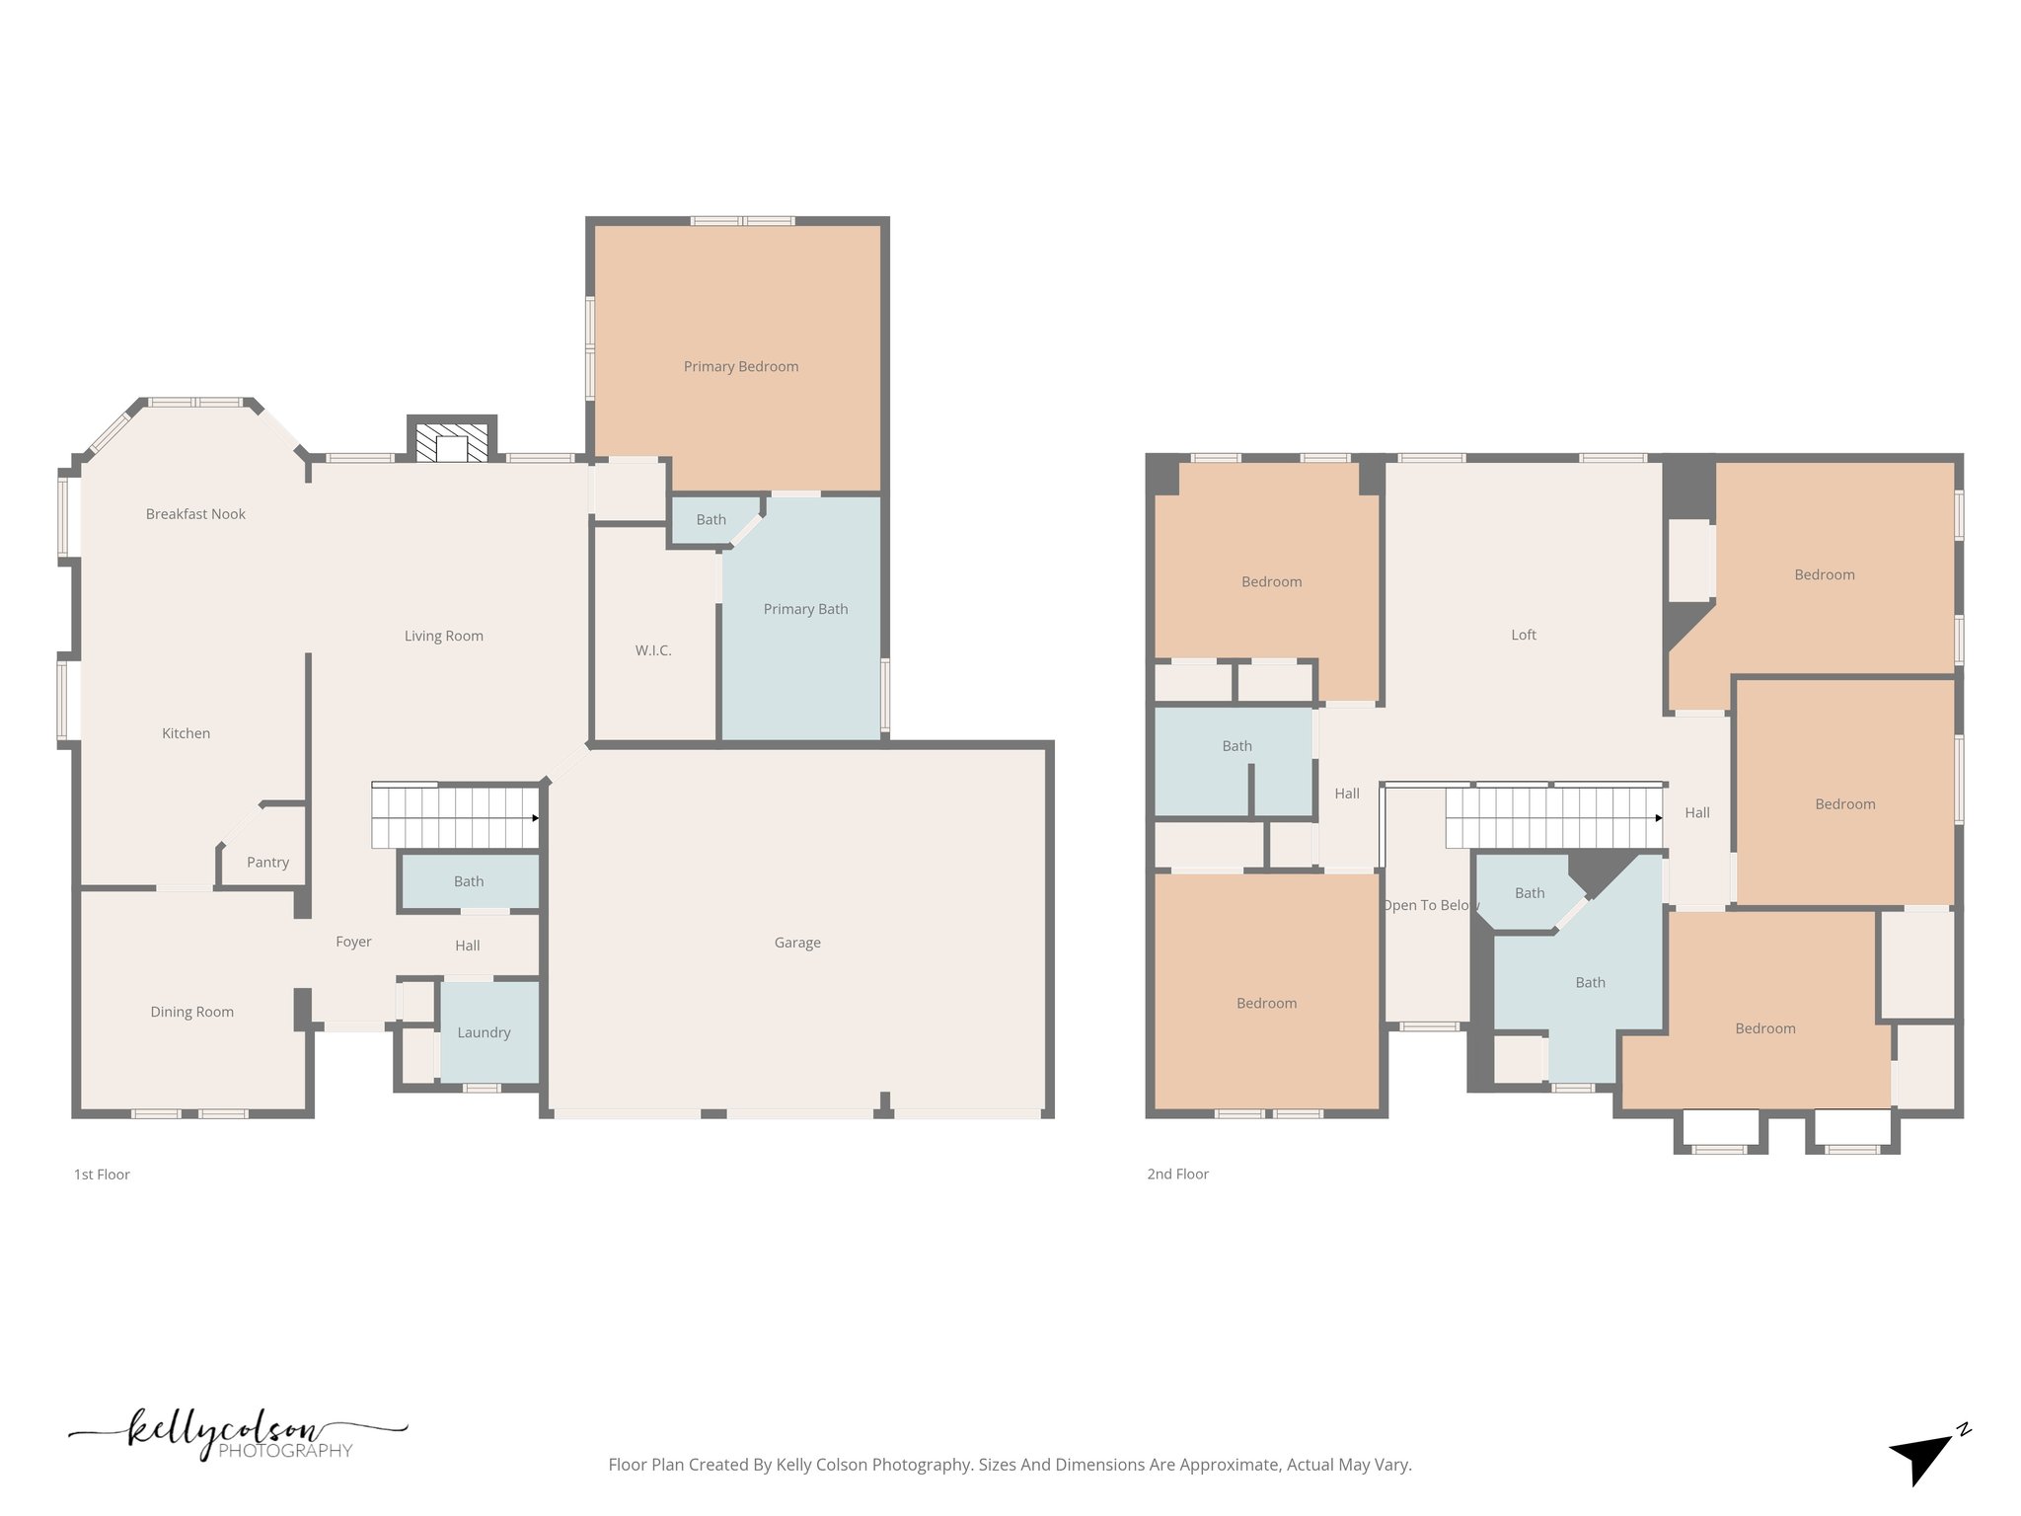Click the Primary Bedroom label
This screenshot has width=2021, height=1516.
(741, 366)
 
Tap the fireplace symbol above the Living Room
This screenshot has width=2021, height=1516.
(452, 443)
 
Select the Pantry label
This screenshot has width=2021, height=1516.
(267, 862)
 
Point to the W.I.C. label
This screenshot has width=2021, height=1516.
(653, 650)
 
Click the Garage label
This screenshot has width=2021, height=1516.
(797, 943)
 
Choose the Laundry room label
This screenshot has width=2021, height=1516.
(484, 1032)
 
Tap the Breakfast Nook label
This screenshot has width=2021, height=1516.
(195, 513)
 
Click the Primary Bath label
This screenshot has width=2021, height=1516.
(805, 609)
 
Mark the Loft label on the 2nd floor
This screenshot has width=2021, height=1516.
(1524, 635)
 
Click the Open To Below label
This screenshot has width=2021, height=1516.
(1430, 905)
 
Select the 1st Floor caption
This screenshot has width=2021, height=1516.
(102, 1175)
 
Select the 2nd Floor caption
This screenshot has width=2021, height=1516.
(1177, 1174)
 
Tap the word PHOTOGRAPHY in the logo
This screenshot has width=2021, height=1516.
(285, 1451)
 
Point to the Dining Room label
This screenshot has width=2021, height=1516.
(191, 1012)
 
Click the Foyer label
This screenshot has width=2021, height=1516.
(353, 942)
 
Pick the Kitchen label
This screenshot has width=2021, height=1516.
(186, 733)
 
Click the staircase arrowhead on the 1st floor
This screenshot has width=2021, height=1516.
(536, 818)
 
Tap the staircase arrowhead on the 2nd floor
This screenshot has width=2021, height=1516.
(1659, 818)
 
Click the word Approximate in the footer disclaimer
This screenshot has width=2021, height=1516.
(1230, 1465)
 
